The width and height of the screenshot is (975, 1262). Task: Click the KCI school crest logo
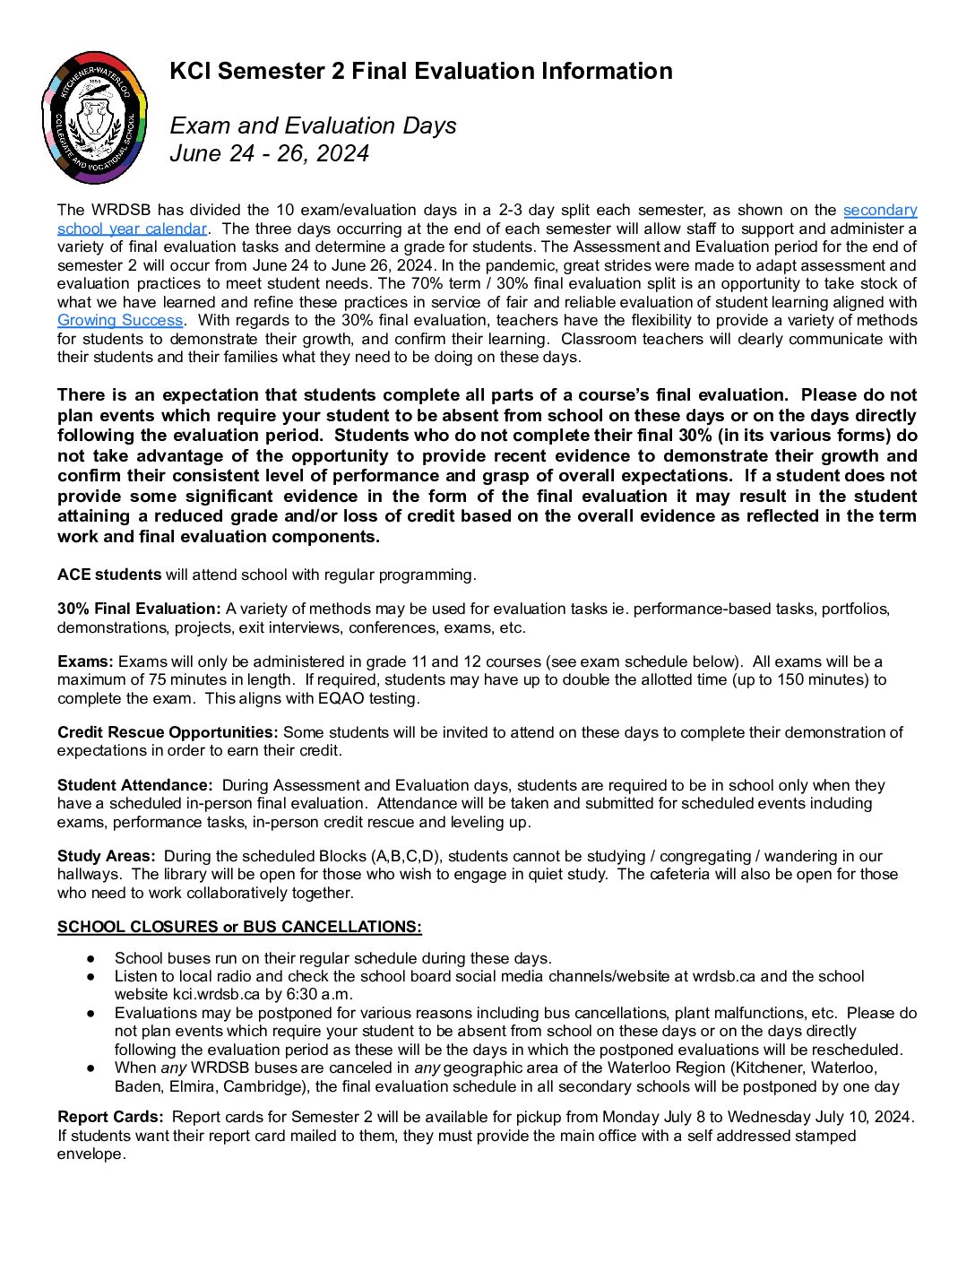[x=95, y=117]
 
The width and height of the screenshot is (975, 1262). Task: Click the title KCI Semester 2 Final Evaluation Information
[x=421, y=71]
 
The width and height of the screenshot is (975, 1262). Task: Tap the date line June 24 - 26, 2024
[x=269, y=153]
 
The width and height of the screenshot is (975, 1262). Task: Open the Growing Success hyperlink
[x=120, y=320]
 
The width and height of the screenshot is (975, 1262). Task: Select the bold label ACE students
[x=109, y=575]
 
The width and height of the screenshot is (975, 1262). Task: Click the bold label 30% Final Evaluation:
[x=139, y=609]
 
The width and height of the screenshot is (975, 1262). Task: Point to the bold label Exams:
[x=85, y=661]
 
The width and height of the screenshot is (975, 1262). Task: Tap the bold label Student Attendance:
[x=135, y=785]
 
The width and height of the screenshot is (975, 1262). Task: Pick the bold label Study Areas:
[x=107, y=856]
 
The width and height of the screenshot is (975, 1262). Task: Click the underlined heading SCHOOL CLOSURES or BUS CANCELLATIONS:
[x=239, y=927]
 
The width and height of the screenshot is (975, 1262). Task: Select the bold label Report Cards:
[x=110, y=1117]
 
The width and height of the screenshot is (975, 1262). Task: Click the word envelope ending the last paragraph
[x=91, y=1154]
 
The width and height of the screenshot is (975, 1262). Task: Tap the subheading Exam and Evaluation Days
[x=313, y=125]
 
